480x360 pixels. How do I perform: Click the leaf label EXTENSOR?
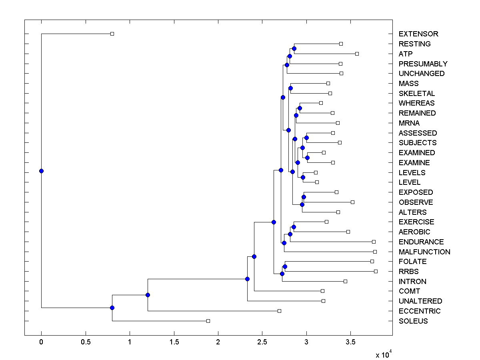tap(418, 34)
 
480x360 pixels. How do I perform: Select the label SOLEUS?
tap(413, 321)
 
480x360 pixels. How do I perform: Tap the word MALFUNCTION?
tap(424, 252)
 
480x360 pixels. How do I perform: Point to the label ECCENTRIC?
tap(420, 311)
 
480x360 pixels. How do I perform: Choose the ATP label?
tap(406, 54)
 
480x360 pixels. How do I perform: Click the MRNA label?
tap(409, 123)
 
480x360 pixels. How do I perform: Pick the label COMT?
tap(410, 291)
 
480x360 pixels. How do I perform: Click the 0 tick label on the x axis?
tap(41, 342)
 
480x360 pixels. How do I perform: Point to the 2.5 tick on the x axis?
tap(262, 342)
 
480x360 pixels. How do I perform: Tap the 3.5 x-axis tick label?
tap(350, 342)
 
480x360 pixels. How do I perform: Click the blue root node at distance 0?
tap(41, 171)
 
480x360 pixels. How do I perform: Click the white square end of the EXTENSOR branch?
tap(112, 34)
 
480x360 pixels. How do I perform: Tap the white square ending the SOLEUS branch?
tap(208, 321)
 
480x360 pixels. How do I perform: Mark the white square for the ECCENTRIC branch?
tap(279, 311)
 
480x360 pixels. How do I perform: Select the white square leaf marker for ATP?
tap(357, 54)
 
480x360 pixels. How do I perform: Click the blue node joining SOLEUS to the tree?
tap(112, 308)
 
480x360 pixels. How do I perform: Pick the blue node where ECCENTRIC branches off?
tap(148, 295)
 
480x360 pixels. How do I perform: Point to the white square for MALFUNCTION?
tap(375, 252)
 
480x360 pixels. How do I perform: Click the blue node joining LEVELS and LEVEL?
tap(303, 177)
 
